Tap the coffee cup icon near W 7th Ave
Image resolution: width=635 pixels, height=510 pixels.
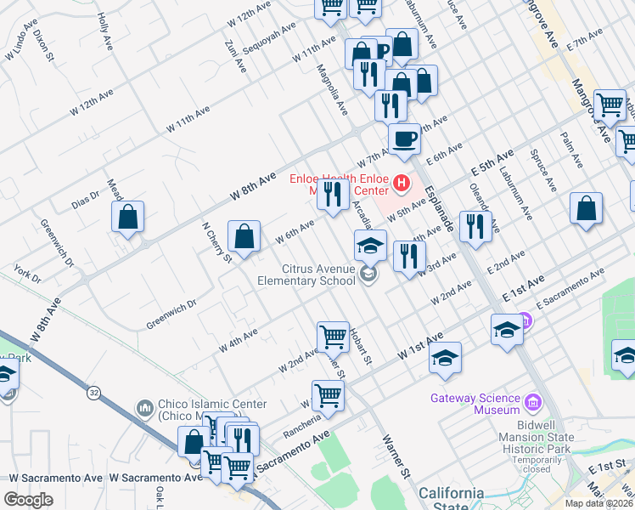pyautogui.click(x=404, y=138)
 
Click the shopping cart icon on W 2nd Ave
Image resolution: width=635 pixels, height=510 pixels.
pyautogui.click(x=333, y=337)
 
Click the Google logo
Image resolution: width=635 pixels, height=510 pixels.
pyautogui.click(x=28, y=499)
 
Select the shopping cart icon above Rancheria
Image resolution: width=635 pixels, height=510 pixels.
pyautogui.click(x=328, y=394)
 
